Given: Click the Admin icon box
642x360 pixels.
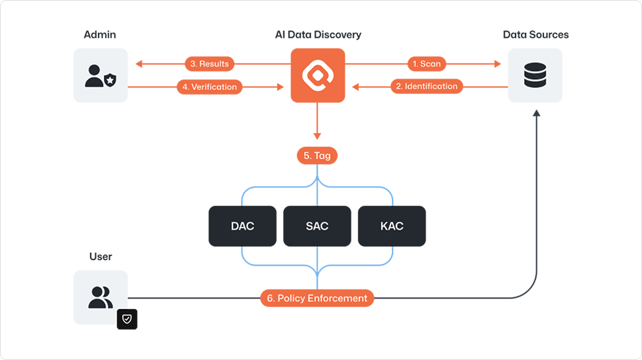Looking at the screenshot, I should (101, 75).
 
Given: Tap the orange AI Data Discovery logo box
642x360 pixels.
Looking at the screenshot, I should (318, 75).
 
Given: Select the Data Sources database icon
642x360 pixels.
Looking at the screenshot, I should (535, 75).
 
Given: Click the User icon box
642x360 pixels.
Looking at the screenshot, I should (101, 297).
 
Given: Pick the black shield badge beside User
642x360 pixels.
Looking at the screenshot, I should (127, 319).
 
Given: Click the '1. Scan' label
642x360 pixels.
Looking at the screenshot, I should (427, 64).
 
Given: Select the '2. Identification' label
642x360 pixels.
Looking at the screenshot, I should (426, 87).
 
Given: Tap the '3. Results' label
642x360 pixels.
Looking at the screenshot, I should (209, 64).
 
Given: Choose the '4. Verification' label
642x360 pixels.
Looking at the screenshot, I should (209, 87).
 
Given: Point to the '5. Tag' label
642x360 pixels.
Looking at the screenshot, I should (318, 156).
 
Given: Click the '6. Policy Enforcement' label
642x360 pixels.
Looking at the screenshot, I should (318, 298).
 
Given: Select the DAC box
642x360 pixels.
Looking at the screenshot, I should (242, 226).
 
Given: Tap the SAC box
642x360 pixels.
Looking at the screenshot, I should (317, 226).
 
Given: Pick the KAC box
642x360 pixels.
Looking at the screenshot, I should (392, 226).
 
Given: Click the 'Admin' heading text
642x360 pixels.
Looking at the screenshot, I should (100, 34).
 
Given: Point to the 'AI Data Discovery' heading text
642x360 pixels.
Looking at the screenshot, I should (318, 34).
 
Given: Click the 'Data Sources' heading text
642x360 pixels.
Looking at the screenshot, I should (535, 34).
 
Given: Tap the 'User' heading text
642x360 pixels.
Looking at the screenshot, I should (101, 256).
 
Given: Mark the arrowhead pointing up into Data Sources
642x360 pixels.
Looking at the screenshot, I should (536, 114).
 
